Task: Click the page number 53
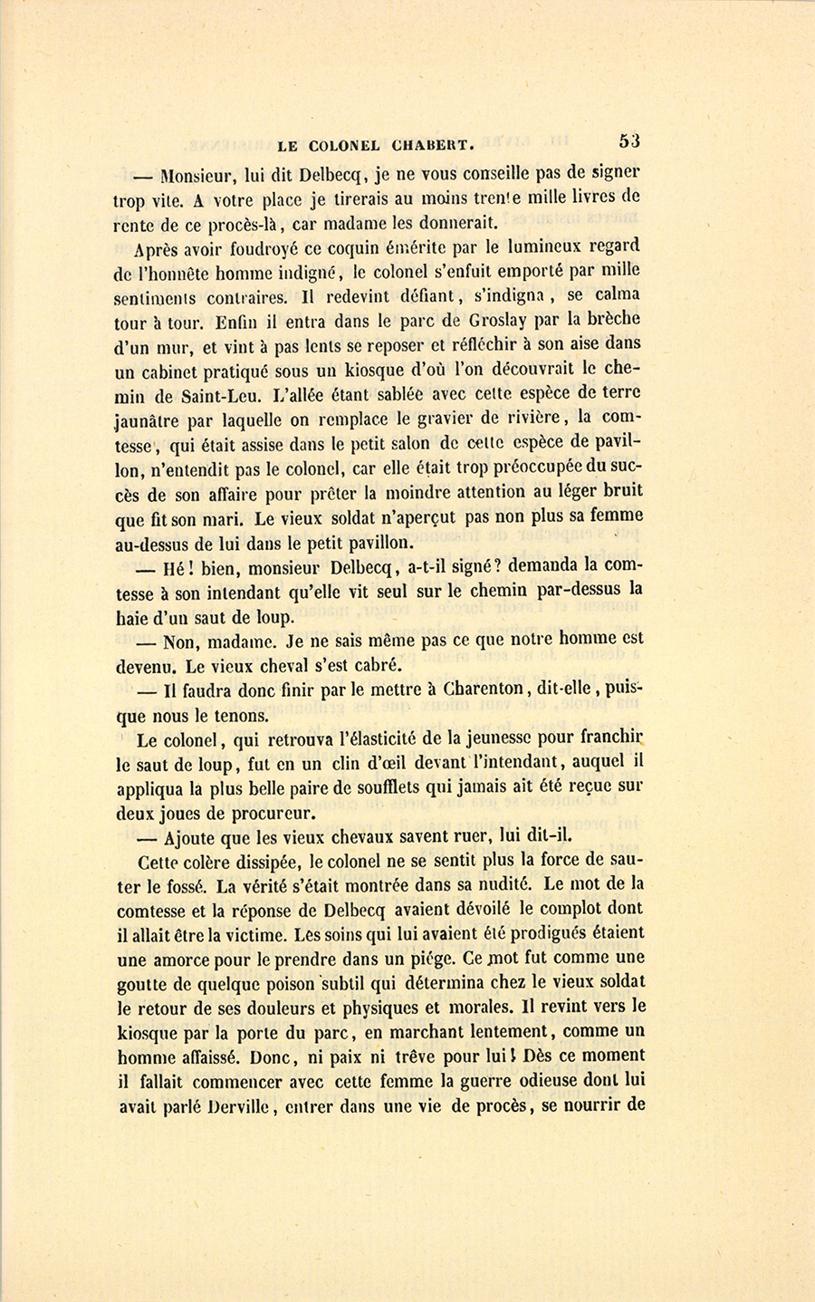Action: pyautogui.click(x=630, y=140)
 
